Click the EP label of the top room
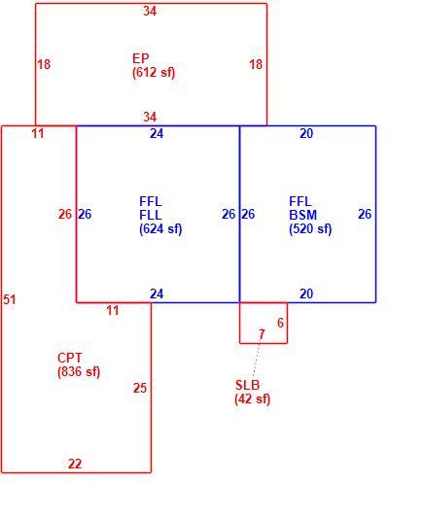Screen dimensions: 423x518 [140, 58]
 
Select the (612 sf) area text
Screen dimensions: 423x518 [154, 72]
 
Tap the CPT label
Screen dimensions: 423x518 [69, 358]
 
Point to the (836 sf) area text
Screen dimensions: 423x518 [79, 372]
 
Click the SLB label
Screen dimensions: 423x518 [248, 385]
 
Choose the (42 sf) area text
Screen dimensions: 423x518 [253, 399]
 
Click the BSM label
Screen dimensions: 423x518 [302, 215]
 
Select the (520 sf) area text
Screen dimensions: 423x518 [310, 229]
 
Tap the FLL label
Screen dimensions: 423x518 [151, 215]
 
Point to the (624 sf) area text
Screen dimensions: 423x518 [160, 229]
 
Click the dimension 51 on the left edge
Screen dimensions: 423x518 [10, 299]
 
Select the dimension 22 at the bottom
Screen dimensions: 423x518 [75, 464]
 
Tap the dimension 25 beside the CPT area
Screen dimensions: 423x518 [140, 388]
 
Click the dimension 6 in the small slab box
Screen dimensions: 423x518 [280, 323]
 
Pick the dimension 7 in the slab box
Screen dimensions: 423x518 [262, 334]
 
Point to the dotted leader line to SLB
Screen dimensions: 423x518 [256, 359]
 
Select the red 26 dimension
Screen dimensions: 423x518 [65, 214]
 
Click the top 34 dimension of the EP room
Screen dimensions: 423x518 [150, 12]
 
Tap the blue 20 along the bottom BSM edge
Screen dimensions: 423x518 [306, 294]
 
